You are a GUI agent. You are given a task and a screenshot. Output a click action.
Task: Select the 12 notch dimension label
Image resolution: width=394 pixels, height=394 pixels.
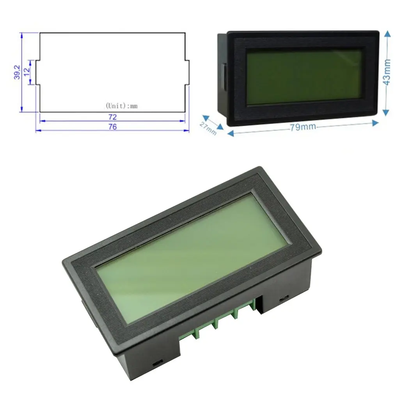(27, 72)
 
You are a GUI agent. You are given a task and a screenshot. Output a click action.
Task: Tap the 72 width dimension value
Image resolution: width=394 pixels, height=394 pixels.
(113, 117)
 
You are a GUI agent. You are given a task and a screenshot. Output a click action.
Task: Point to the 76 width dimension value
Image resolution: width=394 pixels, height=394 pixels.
(113, 127)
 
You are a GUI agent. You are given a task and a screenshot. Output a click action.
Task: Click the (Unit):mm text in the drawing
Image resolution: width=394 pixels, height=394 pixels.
(122, 106)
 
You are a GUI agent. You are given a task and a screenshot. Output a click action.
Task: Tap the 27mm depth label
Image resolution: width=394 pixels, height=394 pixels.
(208, 128)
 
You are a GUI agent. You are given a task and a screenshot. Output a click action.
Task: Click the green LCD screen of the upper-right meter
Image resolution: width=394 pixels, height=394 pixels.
(304, 77)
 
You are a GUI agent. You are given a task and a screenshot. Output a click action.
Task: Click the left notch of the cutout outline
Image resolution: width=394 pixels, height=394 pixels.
(38, 72)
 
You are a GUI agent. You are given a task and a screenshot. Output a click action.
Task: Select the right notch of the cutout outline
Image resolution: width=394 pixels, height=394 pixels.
(187, 72)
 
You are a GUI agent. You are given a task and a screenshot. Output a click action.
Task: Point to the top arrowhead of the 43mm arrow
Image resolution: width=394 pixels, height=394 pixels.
(387, 34)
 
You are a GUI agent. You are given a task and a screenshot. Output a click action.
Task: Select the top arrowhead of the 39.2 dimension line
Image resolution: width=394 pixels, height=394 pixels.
(22, 35)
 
